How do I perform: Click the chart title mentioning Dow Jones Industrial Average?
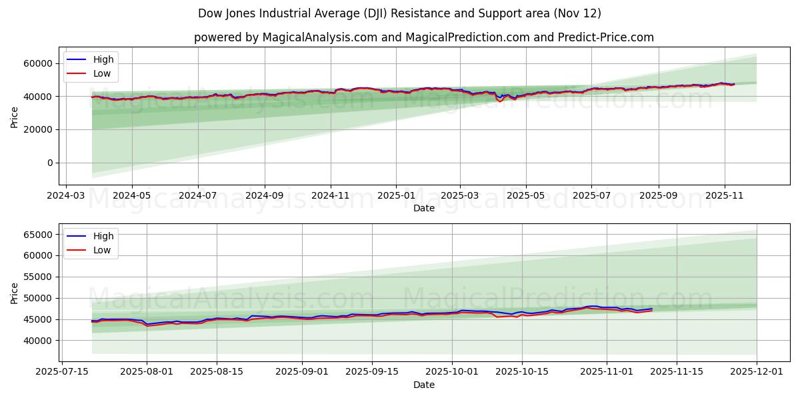(399, 13)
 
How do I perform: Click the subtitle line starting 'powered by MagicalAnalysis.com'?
(423, 37)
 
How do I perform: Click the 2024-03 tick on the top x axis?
(65, 196)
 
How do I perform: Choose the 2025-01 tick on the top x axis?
(396, 196)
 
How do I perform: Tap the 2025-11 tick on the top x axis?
(725, 196)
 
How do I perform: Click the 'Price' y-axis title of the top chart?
(15, 117)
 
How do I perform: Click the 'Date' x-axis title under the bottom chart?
(423, 385)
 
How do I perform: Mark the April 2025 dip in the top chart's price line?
(500, 101)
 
